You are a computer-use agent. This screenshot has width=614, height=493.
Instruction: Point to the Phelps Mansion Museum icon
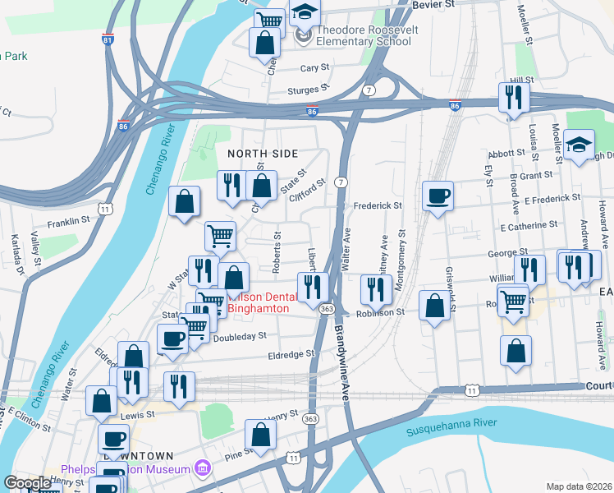(203, 469)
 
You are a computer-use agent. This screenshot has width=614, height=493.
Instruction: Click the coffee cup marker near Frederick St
(437, 196)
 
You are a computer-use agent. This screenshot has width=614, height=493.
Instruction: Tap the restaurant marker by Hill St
(515, 99)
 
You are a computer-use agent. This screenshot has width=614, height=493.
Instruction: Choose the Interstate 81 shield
(108, 39)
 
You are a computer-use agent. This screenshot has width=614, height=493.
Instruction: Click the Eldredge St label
(291, 354)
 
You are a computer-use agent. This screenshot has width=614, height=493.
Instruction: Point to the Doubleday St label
(240, 336)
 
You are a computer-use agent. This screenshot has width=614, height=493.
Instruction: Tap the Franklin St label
(67, 221)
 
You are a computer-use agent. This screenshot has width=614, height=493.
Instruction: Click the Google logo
(28, 483)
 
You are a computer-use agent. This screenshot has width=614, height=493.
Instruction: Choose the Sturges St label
(308, 88)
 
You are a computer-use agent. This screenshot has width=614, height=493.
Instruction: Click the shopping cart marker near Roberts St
(220, 237)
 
